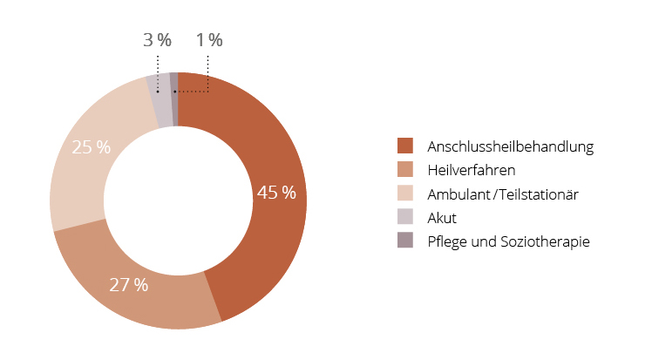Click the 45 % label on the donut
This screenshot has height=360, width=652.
point(276,193)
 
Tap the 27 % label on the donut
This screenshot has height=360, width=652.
point(128,284)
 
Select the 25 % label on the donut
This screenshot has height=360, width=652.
point(91,147)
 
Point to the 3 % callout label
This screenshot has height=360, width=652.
point(157,40)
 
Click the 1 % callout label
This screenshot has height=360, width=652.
point(209,40)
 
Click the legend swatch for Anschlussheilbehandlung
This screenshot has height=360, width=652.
point(404,146)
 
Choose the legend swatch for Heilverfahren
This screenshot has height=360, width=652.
point(404,169)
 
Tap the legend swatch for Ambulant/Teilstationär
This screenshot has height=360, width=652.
point(404,193)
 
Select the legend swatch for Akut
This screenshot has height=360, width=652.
point(404,217)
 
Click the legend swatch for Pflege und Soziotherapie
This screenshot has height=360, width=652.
point(404,241)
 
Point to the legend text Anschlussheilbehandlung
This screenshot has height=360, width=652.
point(511,146)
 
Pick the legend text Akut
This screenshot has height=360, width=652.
point(442,217)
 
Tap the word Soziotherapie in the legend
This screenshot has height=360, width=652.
point(549,241)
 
